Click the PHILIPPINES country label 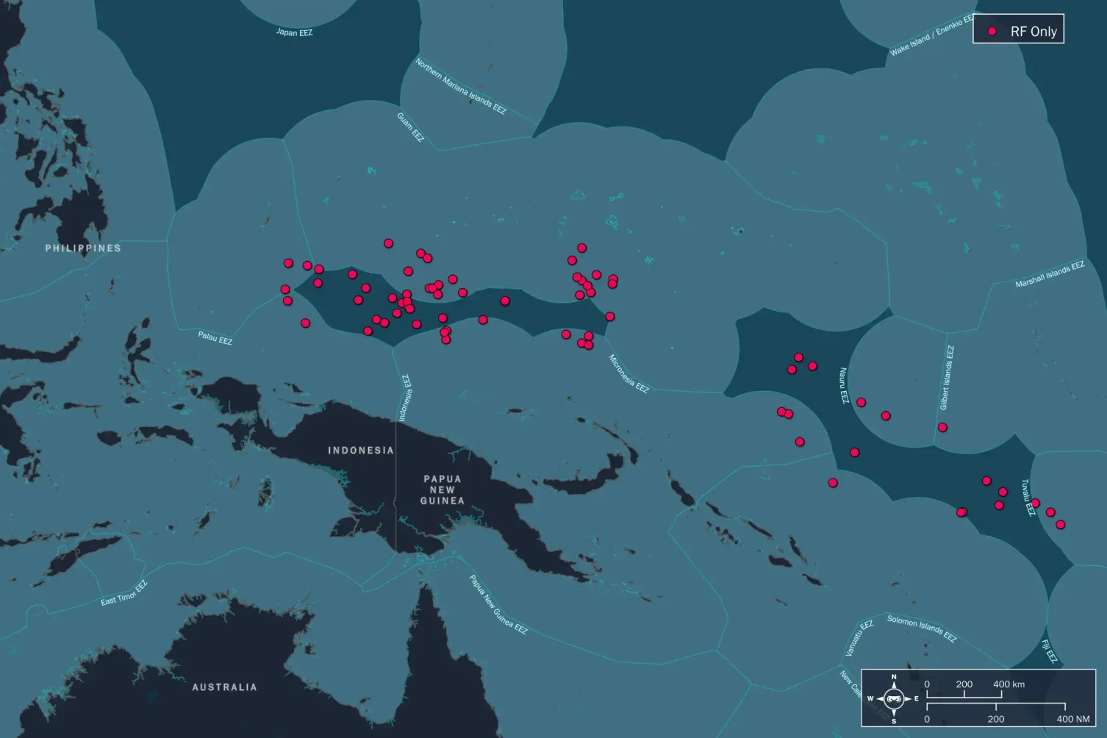pyautogui.click(x=83, y=248)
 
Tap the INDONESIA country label pyautogui.click(x=360, y=450)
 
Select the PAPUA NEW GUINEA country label pyautogui.click(x=442, y=490)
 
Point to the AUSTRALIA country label pyautogui.click(x=224, y=687)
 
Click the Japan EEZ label pyautogui.click(x=294, y=32)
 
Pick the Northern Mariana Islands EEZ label pyautogui.click(x=461, y=86)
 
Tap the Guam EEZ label pyautogui.click(x=410, y=127)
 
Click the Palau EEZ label pyautogui.click(x=215, y=338)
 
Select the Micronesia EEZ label pyautogui.click(x=628, y=373)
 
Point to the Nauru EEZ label pyautogui.click(x=844, y=385)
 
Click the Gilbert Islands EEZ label pyautogui.click(x=947, y=378)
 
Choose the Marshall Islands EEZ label pyautogui.click(x=1050, y=274)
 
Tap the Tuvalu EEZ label pyautogui.click(x=1028, y=498)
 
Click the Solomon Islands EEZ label pyautogui.click(x=922, y=628)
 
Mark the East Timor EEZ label pyautogui.click(x=124, y=593)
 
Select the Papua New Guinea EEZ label pyautogui.click(x=498, y=604)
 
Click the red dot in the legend pyautogui.click(x=992, y=32)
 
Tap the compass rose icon pyautogui.click(x=894, y=698)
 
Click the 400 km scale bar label pyautogui.click(x=1009, y=684)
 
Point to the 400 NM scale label pyautogui.click(x=1072, y=719)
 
